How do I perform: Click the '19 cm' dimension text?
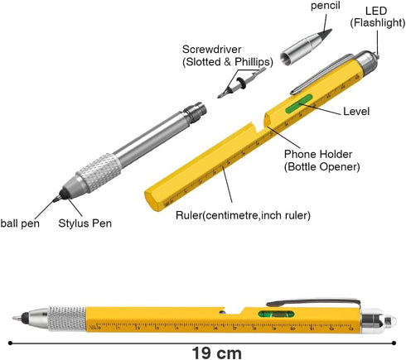coord(216,353)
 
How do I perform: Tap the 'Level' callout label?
coord(356,112)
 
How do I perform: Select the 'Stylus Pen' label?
coord(85,223)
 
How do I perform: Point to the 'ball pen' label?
coord(20,223)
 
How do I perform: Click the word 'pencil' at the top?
coord(326,6)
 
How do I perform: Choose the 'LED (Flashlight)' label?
coord(378,17)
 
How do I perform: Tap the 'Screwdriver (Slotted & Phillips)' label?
coord(228,55)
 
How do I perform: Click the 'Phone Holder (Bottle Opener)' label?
coord(322,161)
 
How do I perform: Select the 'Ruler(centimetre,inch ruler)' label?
coord(243,215)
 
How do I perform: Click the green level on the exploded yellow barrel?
coord(299,103)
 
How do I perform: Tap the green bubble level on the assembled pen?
coord(276,314)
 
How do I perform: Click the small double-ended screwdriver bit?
coord(241,83)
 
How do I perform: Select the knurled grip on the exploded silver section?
coord(99,173)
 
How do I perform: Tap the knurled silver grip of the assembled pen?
coord(67,319)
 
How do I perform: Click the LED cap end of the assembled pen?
coord(379,321)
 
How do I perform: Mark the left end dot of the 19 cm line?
coord(10,343)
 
